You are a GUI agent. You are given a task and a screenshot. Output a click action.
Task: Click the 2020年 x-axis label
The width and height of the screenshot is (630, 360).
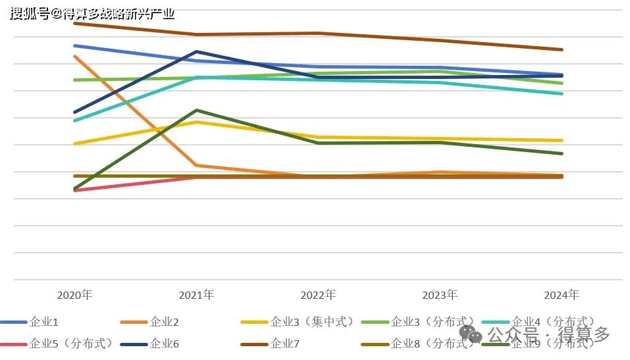[74, 294]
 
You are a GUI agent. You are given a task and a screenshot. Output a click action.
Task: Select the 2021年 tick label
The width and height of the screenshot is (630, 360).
[196, 294]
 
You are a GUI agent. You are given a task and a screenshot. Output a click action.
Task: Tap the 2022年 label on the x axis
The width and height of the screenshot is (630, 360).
[318, 294]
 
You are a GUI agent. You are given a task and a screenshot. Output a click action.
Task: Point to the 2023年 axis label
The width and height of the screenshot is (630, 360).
[440, 294]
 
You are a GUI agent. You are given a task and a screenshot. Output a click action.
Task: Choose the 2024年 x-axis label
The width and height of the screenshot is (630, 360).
[562, 294]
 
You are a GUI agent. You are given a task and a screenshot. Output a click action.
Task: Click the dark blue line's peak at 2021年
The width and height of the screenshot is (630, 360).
[196, 51]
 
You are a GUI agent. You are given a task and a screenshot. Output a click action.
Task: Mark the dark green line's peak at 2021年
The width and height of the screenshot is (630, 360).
[196, 110]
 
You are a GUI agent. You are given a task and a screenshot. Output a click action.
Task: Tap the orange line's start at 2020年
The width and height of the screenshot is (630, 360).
[74, 56]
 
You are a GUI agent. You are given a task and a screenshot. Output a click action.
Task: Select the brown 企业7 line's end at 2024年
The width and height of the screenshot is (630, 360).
[562, 49]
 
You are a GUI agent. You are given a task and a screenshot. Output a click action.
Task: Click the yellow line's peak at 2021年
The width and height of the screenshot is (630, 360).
[196, 122]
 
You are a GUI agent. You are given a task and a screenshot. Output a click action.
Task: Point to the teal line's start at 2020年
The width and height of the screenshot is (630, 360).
[74, 120]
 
